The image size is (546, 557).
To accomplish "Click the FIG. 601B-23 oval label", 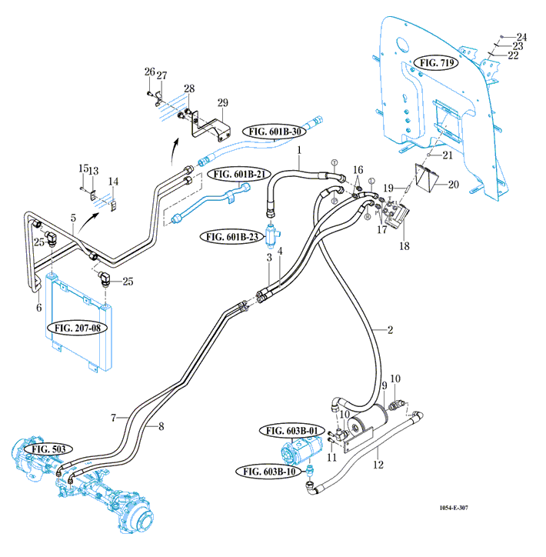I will pyautogui.click(x=231, y=236).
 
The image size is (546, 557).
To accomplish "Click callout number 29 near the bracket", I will pyautogui.click(x=223, y=103).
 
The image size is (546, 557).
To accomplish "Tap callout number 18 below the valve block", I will pyautogui.click(x=404, y=246).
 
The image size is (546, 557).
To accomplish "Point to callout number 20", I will pyautogui.click(x=453, y=185).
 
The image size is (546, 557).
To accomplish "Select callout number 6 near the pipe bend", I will pyautogui.click(x=39, y=308).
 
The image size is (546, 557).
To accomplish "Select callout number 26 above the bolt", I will pyautogui.click(x=148, y=72).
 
